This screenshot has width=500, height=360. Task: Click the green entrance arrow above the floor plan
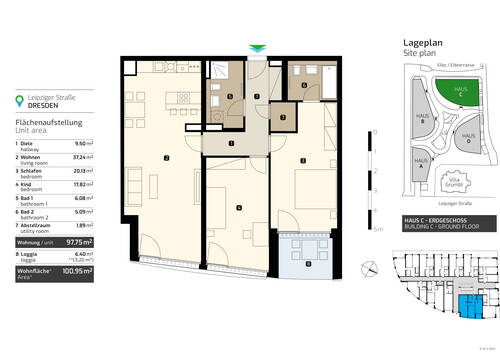click(259, 49)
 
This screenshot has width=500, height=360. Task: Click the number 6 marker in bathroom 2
click(304, 86)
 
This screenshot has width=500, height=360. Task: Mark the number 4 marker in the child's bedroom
click(237, 207)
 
